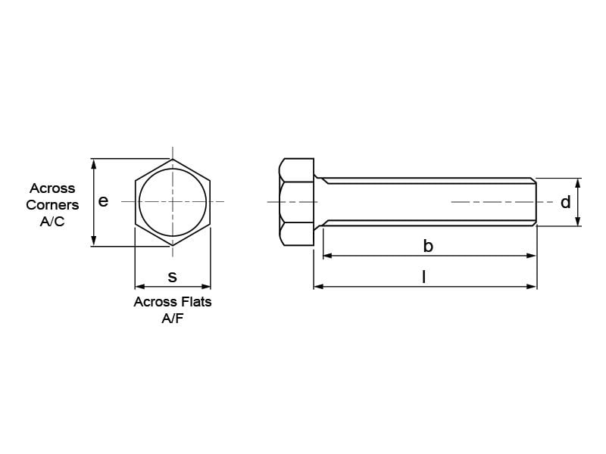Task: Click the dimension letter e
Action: click(103, 201)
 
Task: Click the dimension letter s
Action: click(173, 277)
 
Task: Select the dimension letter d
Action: click(565, 202)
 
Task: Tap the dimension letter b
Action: click(428, 245)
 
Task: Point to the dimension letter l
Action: click(424, 277)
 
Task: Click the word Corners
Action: click(52, 205)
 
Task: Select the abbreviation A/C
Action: click(52, 222)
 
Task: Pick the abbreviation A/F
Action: click(173, 319)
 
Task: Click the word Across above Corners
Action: click(52, 188)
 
